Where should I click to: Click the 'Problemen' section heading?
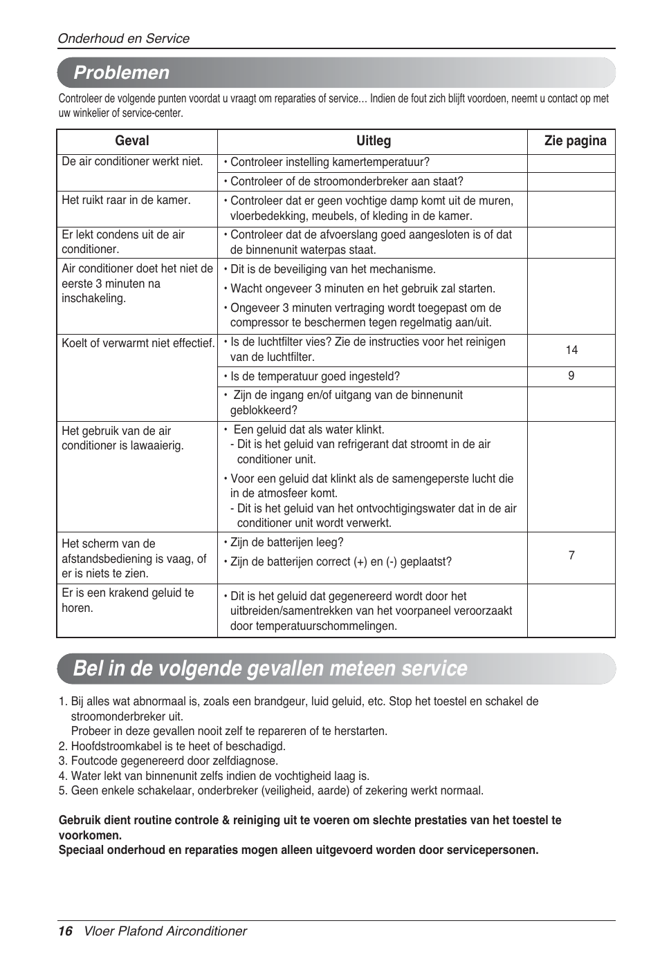coord(122,73)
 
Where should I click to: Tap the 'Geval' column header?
coord(131,141)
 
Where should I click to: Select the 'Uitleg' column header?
coord(373,141)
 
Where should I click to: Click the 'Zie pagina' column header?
coord(575,141)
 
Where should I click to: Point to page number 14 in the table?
coord(571,351)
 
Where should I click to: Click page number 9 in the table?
coord(571,376)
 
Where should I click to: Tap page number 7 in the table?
coord(571,555)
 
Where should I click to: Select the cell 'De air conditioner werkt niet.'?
coord(132,162)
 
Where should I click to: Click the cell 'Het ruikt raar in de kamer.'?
coord(126,201)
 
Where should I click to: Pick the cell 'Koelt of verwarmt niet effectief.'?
coord(138,343)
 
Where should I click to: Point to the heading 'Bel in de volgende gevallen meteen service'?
coord(270,669)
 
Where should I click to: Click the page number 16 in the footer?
coord(65,931)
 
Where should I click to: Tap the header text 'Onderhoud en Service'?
coord(123,39)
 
